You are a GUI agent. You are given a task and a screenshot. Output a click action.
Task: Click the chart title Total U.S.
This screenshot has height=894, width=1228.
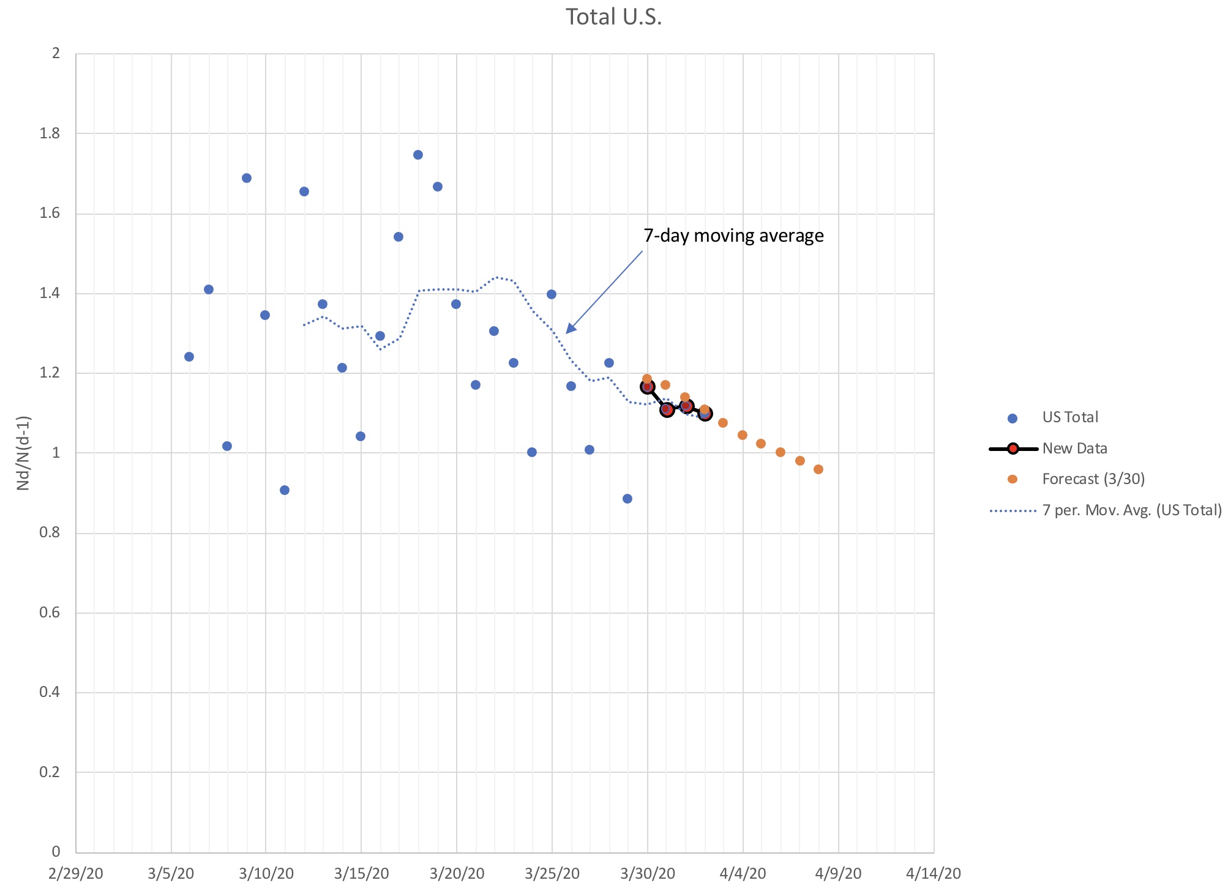point(613,17)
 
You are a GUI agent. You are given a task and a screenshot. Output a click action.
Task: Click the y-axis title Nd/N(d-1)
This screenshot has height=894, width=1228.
point(23,453)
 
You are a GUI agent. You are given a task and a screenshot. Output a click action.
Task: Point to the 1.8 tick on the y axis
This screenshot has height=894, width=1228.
point(50,133)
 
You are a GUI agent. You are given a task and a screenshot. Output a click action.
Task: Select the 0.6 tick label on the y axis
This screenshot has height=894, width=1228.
point(50,613)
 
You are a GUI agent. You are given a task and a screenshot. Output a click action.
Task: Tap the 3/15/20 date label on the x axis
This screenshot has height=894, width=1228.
point(361,873)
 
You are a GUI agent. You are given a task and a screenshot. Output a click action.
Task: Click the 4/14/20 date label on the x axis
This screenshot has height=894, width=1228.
point(933,873)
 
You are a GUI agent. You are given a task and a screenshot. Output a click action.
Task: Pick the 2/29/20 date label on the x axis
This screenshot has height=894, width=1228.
point(76,873)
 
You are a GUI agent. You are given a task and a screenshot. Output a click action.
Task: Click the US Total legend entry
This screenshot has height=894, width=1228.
point(1070,417)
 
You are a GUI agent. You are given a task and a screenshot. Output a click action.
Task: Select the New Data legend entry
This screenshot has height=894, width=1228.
point(1074,449)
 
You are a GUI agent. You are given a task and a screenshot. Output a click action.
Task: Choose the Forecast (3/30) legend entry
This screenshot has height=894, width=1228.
point(1093,479)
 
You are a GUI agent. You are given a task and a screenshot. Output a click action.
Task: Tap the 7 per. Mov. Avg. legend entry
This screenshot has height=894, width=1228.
point(1131,510)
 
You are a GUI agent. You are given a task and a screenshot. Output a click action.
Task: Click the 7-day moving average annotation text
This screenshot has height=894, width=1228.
point(733,236)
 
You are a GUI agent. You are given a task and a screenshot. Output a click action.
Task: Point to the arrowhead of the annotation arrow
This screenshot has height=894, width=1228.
point(567,332)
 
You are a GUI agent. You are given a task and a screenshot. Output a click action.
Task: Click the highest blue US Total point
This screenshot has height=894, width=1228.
point(418,155)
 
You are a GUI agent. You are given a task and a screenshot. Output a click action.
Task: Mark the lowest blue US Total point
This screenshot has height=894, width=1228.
point(627,499)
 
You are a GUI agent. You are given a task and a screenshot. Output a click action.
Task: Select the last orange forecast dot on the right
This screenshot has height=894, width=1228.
point(818,469)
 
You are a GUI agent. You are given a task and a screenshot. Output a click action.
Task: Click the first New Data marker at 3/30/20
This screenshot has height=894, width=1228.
point(647,387)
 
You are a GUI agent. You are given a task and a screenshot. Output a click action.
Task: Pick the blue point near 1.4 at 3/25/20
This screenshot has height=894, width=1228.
point(552,294)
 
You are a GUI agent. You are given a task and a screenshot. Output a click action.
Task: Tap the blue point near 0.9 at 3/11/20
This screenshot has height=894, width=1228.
point(285,490)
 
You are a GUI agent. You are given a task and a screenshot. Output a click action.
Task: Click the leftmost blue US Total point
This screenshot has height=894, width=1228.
point(189,357)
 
